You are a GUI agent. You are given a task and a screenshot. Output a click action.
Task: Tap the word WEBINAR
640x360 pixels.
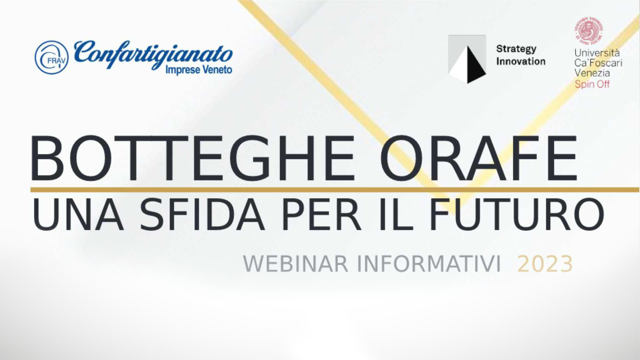coord(296,264)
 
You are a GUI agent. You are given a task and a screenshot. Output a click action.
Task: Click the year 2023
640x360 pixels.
coord(545,264)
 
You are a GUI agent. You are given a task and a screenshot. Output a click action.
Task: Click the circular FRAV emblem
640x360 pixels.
coord(52,57)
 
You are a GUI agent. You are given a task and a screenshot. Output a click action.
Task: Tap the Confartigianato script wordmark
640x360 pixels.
coord(153,53)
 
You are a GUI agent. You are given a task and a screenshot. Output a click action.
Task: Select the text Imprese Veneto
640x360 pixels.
coord(199,70)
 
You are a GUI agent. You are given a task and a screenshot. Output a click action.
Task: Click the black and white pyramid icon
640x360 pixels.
coord(467,59)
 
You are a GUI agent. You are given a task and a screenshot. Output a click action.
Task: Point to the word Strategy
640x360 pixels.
coord(516,49)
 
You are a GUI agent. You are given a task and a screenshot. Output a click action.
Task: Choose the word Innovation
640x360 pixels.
coord(521,61)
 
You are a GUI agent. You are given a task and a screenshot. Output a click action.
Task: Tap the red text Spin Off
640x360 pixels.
coord(592,84)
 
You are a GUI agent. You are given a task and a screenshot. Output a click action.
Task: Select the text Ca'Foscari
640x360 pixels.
coord(598,63)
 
